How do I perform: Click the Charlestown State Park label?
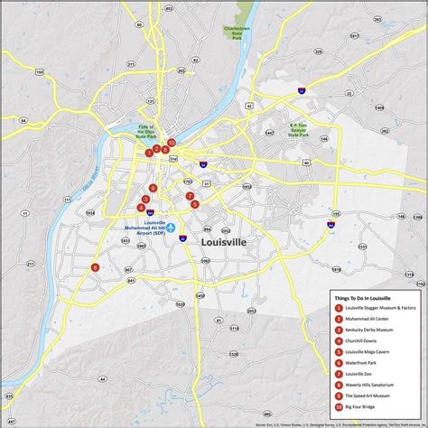click(237, 33)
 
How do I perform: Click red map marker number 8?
click(95, 267)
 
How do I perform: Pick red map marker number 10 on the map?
click(171, 143)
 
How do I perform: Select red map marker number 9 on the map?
click(153, 188)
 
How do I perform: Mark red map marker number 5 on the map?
click(195, 204)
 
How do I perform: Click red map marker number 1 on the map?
click(149, 153)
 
